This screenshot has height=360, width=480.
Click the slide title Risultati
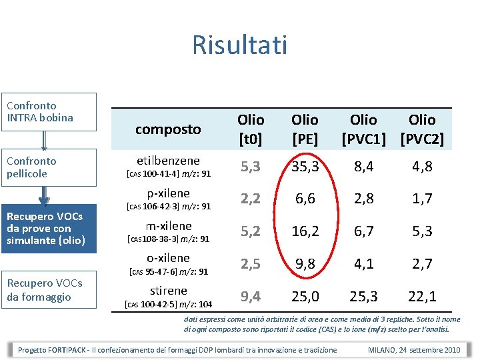[239, 45]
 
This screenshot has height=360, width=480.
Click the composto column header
[168, 129]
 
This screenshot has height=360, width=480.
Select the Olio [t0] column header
[251, 129]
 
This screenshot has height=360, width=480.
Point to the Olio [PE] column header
[305, 129]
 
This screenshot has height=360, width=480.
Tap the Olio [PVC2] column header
[422, 129]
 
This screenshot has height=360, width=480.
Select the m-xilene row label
[169, 226]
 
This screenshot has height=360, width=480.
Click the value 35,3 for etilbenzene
[305, 167]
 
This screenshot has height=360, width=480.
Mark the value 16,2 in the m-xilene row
[305, 231]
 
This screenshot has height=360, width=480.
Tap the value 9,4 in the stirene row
[251, 296]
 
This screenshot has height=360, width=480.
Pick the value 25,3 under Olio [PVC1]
[364, 296]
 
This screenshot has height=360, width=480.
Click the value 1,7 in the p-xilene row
[422, 199]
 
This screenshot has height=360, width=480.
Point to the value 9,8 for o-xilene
[305, 264]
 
